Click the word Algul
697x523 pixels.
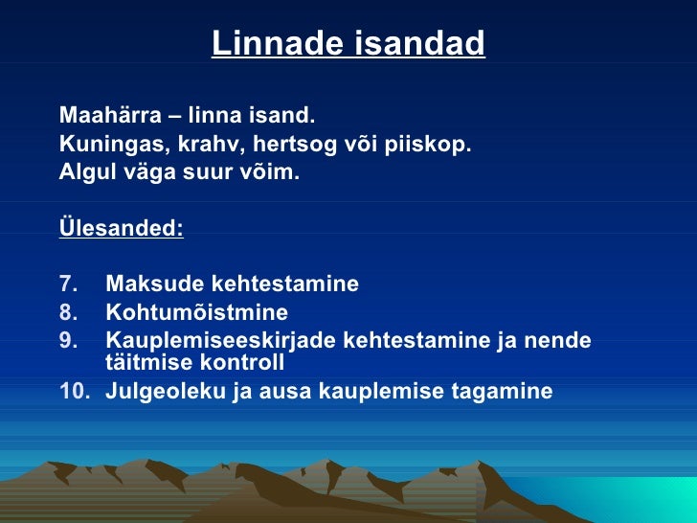(x=83, y=173)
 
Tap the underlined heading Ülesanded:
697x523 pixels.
(x=122, y=230)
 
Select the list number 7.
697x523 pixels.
(x=66, y=284)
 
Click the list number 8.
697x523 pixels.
(x=66, y=313)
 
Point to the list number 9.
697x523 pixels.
(x=66, y=341)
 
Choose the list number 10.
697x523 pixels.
(x=72, y=391)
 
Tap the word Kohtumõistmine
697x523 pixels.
(x=196, y=313)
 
